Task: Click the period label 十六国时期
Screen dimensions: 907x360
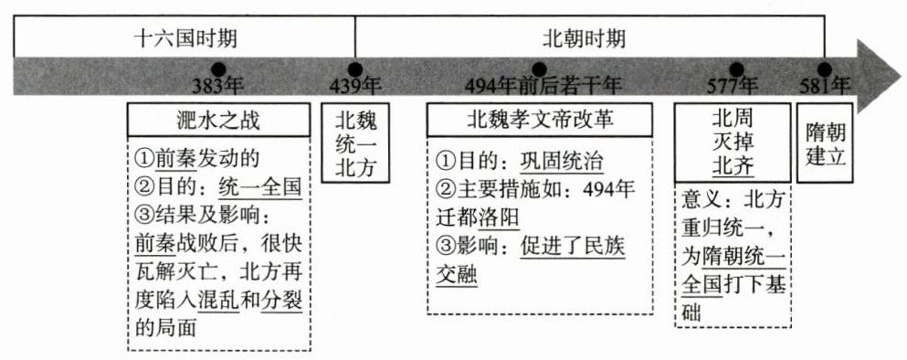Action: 185,39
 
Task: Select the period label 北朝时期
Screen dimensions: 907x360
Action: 585,39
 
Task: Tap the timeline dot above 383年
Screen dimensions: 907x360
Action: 218,69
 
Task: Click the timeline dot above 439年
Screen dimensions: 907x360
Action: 355,69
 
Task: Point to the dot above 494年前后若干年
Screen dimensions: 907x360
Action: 539,69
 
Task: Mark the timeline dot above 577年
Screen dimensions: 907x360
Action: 736,69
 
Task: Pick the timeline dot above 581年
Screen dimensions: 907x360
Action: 825,69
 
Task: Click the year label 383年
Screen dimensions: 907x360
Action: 218,86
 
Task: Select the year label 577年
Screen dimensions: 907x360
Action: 733,86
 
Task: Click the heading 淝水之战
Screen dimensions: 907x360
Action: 218,121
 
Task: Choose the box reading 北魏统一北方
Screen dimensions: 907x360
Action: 355,143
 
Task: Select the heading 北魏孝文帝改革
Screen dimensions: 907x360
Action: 540,120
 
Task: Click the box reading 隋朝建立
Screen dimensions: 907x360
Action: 826,143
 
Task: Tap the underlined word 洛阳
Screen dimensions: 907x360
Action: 500,218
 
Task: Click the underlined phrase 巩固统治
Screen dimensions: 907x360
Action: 562,160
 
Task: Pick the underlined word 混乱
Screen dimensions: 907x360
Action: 218,302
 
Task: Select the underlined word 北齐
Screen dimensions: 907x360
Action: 733,166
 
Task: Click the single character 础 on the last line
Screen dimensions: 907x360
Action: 691,313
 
